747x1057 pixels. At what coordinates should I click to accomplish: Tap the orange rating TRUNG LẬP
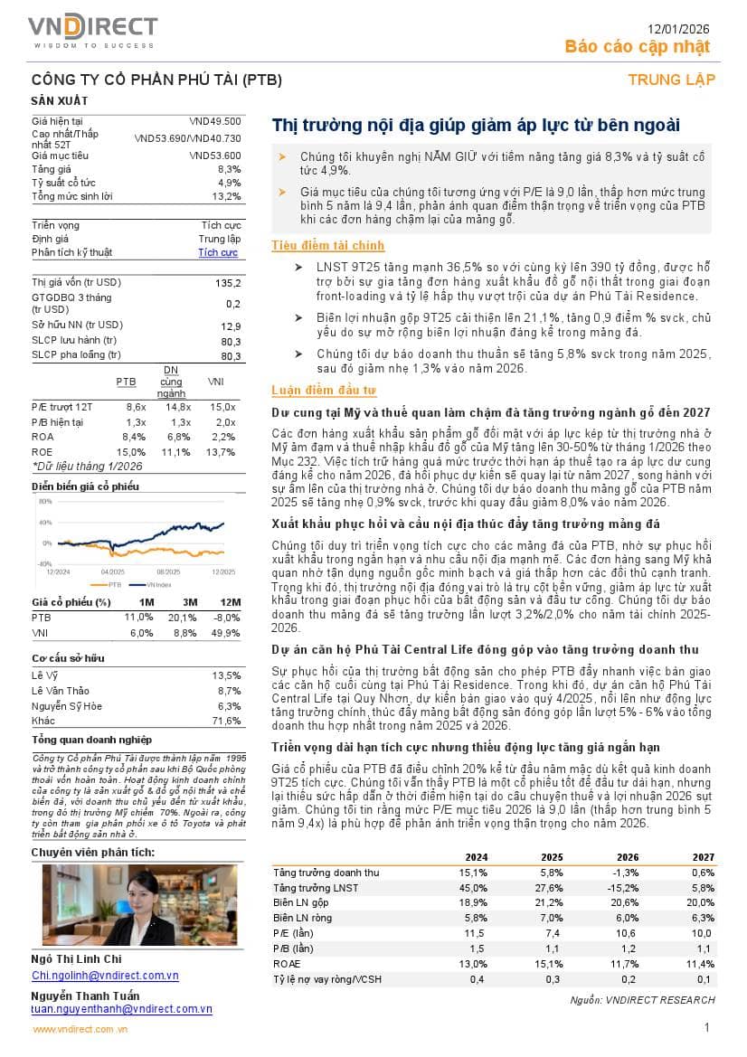[671, 80]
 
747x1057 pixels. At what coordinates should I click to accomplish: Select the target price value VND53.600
[215, 156]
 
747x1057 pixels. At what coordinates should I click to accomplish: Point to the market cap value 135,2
[228, 283]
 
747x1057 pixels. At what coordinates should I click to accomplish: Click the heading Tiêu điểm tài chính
[327, 245]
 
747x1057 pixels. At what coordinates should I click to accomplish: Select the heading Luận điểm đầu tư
[324, 390]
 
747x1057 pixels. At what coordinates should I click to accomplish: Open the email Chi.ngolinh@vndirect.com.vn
[105, 976]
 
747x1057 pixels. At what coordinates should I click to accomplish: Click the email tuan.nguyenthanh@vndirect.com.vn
[121, 1008]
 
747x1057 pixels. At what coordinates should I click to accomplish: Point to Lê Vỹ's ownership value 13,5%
[226, 675]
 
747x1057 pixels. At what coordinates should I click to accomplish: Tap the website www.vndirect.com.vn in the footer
[80, 1029]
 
